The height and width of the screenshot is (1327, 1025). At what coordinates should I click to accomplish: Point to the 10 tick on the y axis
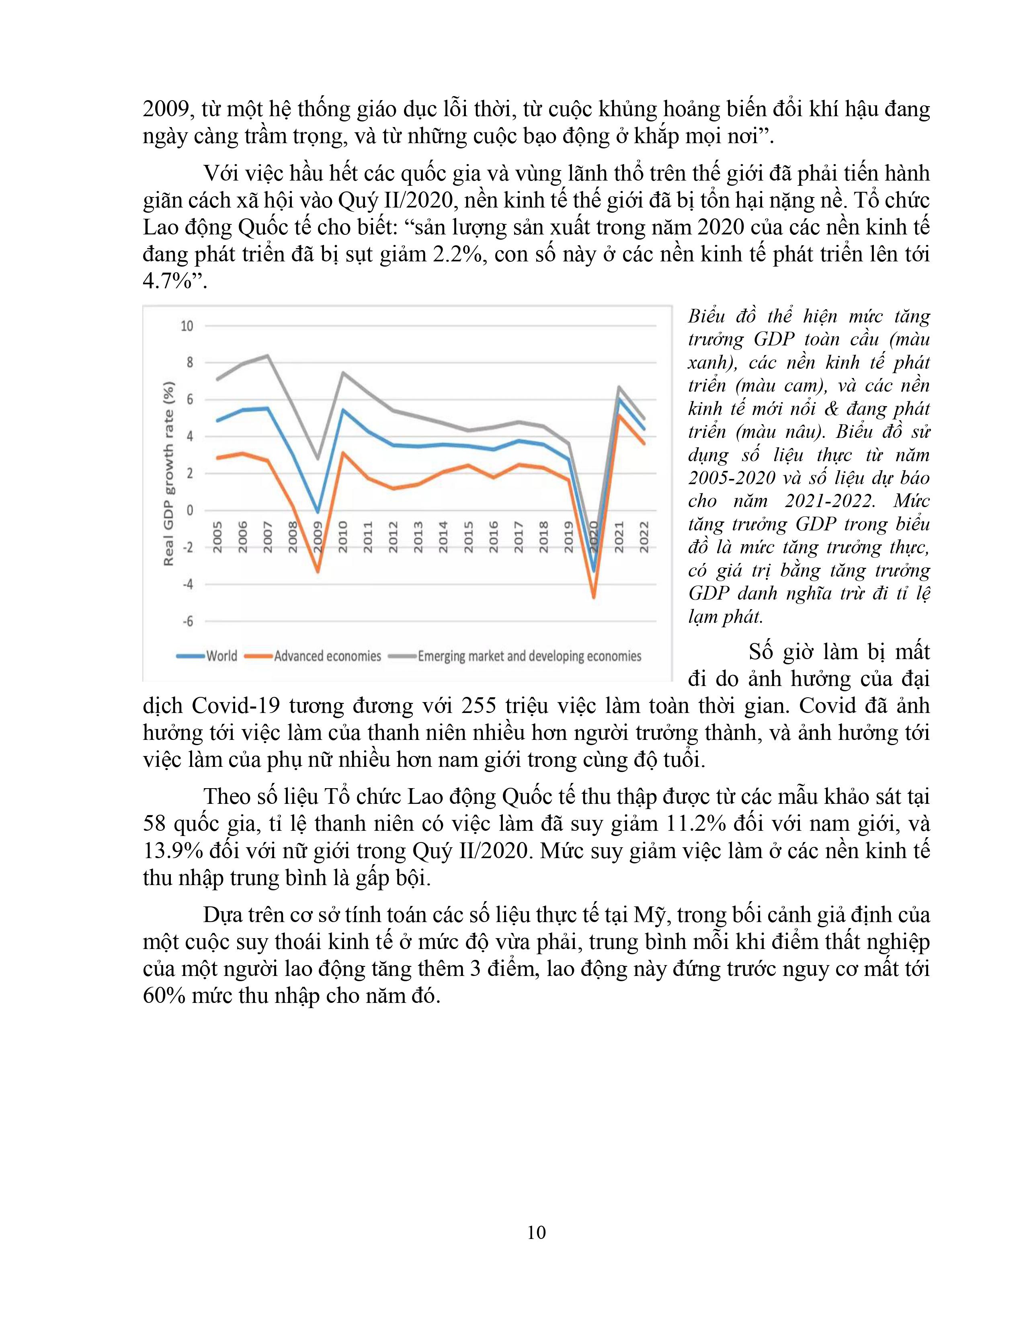(x=187, y=326)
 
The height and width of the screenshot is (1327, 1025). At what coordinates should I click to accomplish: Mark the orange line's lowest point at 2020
(x=593, y=597)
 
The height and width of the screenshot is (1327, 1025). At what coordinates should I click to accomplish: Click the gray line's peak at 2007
(x=268, y=355)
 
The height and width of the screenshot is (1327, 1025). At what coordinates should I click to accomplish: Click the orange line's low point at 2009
(x=318, y=571)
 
